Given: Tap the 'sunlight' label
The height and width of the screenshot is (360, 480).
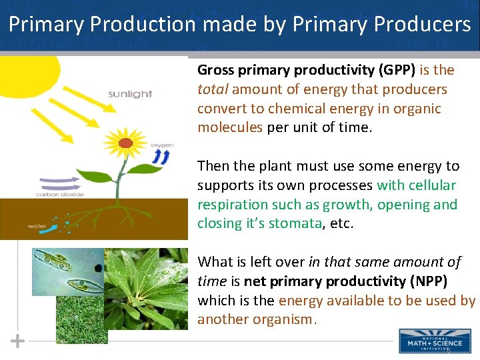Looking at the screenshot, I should click(x=130, y=95).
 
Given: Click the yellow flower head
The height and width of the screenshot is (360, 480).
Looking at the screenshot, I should click(x=125, y=141).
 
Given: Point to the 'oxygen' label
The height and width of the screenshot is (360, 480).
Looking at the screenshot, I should click(x=161, y=145).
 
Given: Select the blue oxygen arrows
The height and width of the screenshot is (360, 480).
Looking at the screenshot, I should click(x=161, y=156).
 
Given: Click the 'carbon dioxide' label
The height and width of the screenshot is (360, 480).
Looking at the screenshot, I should click(x=61, y=195).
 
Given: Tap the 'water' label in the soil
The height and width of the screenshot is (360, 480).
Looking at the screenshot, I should click(x=37, y=226).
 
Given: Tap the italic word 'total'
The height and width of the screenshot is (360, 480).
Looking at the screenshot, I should click(x=212, y=89).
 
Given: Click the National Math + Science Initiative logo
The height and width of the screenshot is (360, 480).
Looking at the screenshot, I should click(x=430, y=341).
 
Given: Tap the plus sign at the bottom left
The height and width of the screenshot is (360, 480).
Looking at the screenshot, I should click(x=17, y=341).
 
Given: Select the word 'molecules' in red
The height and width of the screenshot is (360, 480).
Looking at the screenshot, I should click(x=229, y=127).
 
